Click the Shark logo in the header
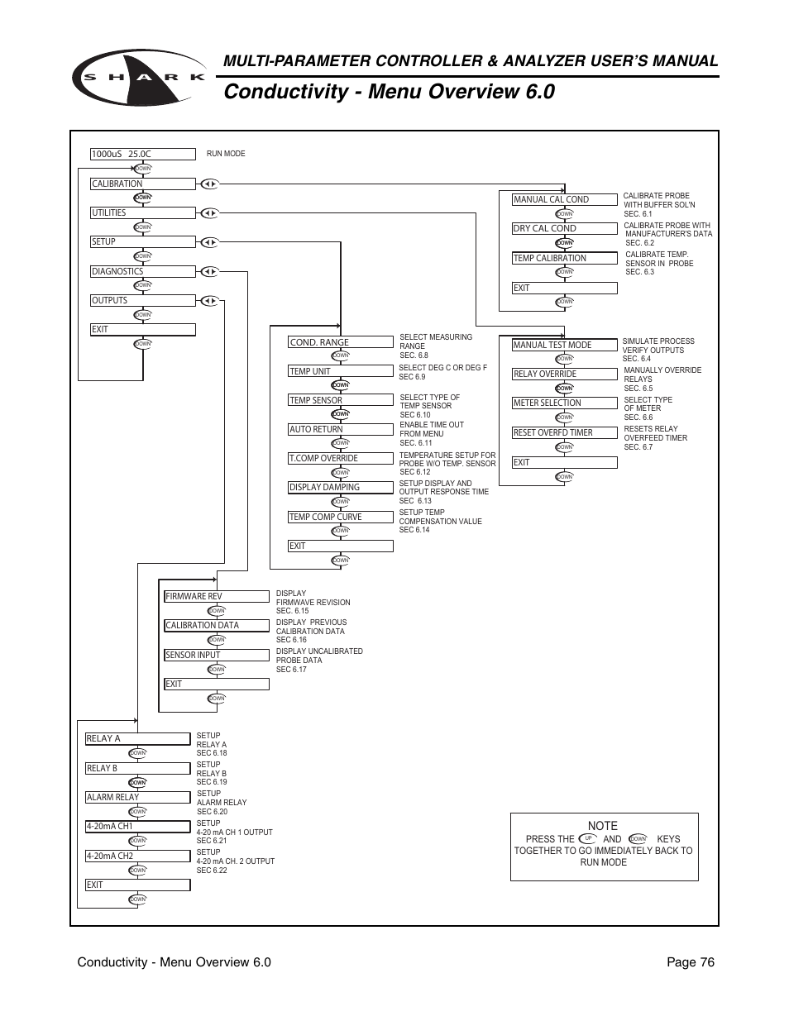[x=139, y=77]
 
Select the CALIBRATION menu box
[x=142, y=184]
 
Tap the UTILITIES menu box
[x=142, y=212]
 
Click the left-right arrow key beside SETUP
[x=209, y=242]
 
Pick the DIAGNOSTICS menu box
[x=142, y=271]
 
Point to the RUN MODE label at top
[x=226, y=154]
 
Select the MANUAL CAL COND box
[x=564, y=199]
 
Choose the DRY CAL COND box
[x=564, y=228]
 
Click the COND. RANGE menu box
[x=340, y=342]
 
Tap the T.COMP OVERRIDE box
[x=340, y=458]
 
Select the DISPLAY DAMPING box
[x=340, y=487]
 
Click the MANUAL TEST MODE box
[x=564, y=345]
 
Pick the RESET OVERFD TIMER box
[x=564, y=432]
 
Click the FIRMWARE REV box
[x=216, y=596]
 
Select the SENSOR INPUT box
[x=216, y=655]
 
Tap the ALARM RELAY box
[x=137, y=797]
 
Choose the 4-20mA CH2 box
[x=137, y=856]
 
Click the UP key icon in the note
[x=588, y=838]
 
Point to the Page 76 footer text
[x=690, y=961]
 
